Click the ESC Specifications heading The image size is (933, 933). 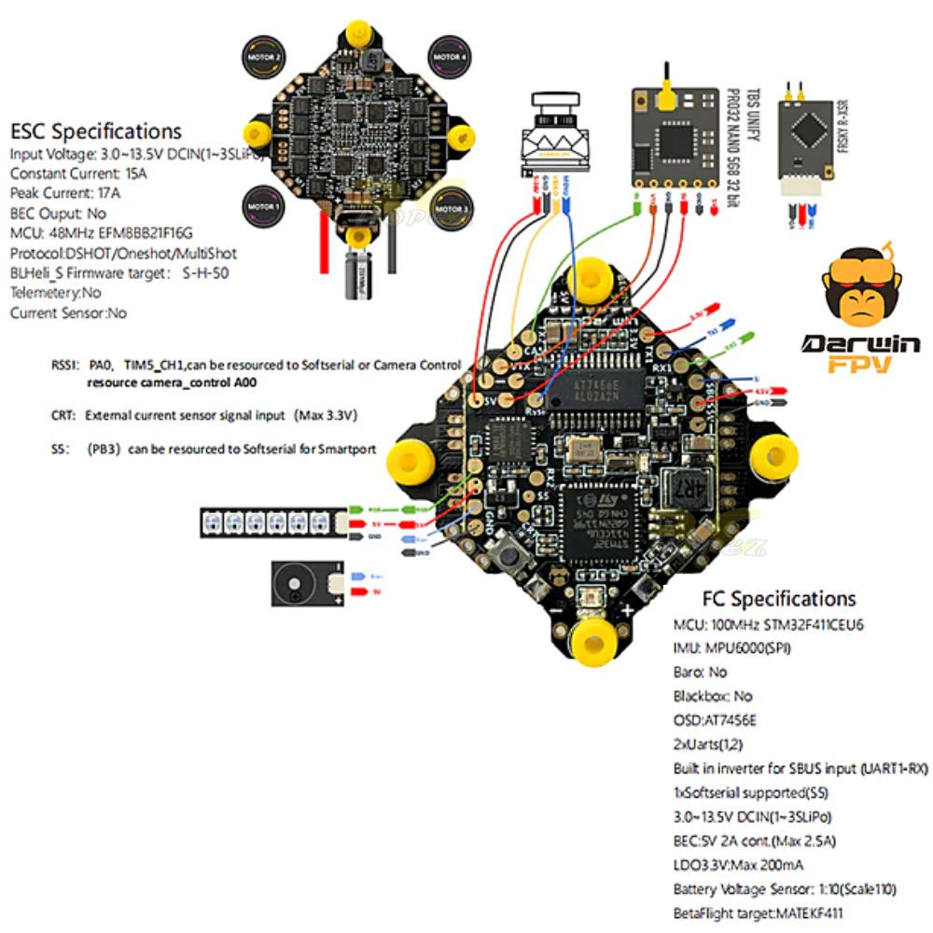96,131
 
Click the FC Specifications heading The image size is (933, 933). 778,598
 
